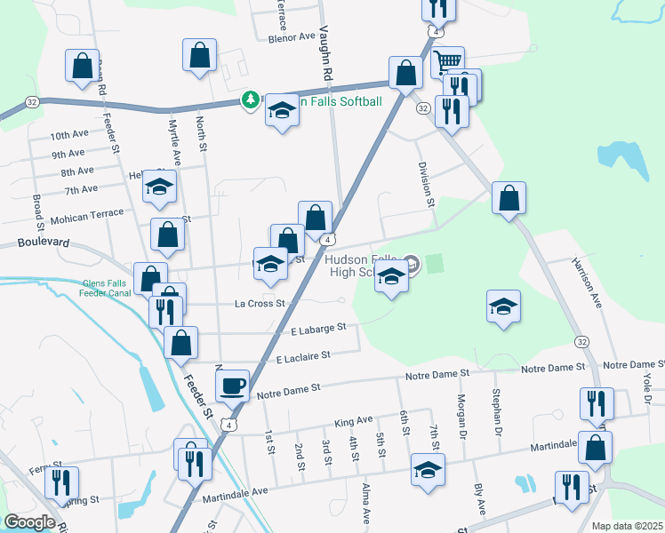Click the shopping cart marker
(x=448, y=61)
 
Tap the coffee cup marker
(x=233, y=386)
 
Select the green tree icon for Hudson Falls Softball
(x=252, y=101)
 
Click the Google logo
(x=30, y=521)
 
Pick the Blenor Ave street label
(x=292, y=38)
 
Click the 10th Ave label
(x=69, y=136)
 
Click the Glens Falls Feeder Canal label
(x=105, y=289)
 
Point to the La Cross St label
(x=259, y=304)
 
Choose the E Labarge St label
(x=318, y=329)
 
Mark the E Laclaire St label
(x=302, y=356)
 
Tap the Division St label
(x=425, y=184)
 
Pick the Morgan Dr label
(x=462, y=413)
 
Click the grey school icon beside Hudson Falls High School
(x=411, y=262)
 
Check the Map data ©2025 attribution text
(x=628, y=526)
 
